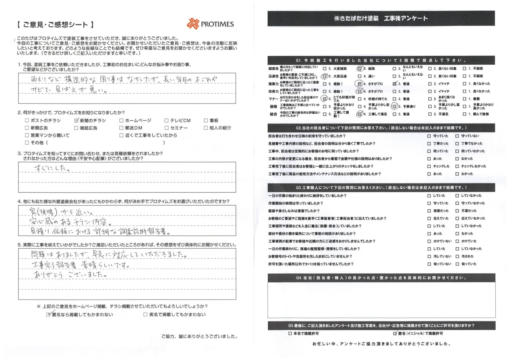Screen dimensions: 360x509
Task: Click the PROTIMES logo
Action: (210, 24)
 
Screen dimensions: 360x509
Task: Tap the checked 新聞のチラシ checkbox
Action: (76, 121)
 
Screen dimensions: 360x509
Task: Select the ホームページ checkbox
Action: (121, 121)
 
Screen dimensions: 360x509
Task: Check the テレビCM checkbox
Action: (166, 121)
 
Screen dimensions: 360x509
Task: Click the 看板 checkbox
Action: (206, 121)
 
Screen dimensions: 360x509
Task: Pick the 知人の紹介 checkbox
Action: (206, 128)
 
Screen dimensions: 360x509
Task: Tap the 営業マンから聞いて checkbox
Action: (27, 135)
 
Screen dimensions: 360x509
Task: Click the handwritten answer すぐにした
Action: (52, 168)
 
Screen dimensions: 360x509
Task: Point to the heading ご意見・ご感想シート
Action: (55, 25)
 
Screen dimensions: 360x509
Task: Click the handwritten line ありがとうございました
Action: (70, 275)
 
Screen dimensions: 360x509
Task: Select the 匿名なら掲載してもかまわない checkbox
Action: (49, 314)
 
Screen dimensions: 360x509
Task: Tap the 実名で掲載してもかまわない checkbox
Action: (145, 314)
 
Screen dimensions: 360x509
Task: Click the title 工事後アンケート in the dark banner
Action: (406, 18)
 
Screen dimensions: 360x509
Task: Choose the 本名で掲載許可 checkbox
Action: (290, 334)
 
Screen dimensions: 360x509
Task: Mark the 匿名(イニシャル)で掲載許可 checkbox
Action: (395, 334)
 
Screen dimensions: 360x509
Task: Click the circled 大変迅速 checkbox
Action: (325, 76)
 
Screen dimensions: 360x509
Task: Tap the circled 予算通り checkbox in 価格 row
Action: (394, 107)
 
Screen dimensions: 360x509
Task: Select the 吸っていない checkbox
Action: (429, 264)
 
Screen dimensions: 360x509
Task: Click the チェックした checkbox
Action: (429, 166)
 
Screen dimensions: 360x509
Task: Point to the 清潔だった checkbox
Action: (429, 211)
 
